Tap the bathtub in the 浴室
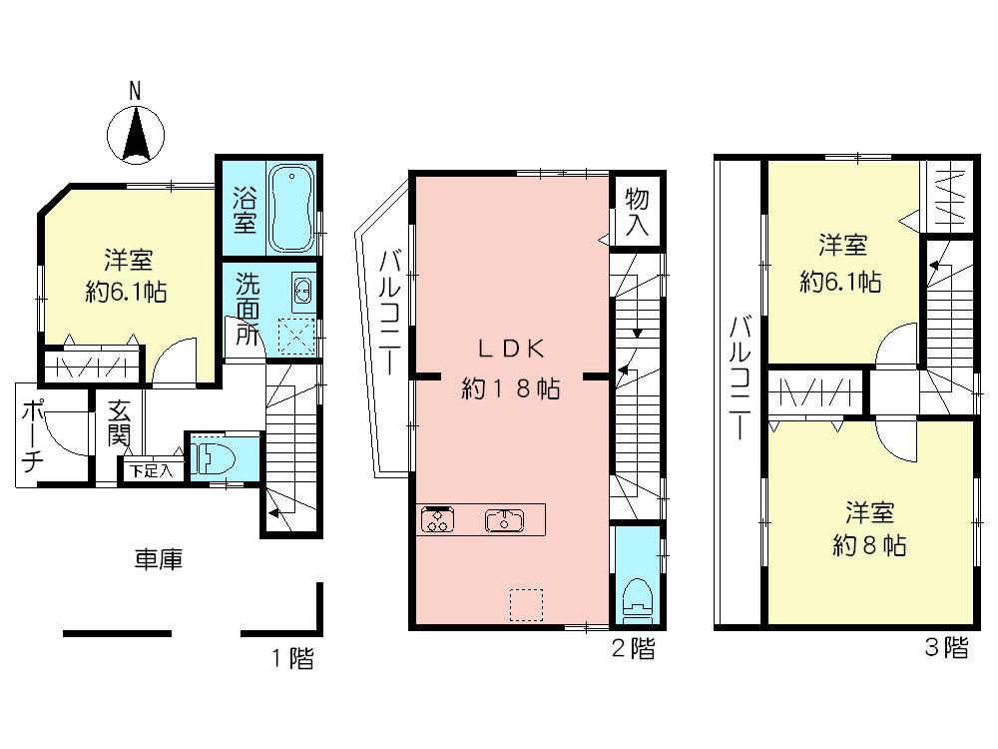click(x=292, y=207)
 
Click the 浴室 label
click(x=243, y=207)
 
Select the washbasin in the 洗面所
click(x=302, y=292)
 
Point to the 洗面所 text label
click(x=247, y=308)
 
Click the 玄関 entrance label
click(x=120, y=424)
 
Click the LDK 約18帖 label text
click(x=510, y=369)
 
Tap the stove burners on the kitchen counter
click(x=436, y=519)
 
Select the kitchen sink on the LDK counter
click(x=504, y=519)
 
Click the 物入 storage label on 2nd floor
click(x=636, y=213)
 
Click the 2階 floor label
click(x=633, y=650)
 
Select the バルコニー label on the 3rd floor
click(x=740, y=379)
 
